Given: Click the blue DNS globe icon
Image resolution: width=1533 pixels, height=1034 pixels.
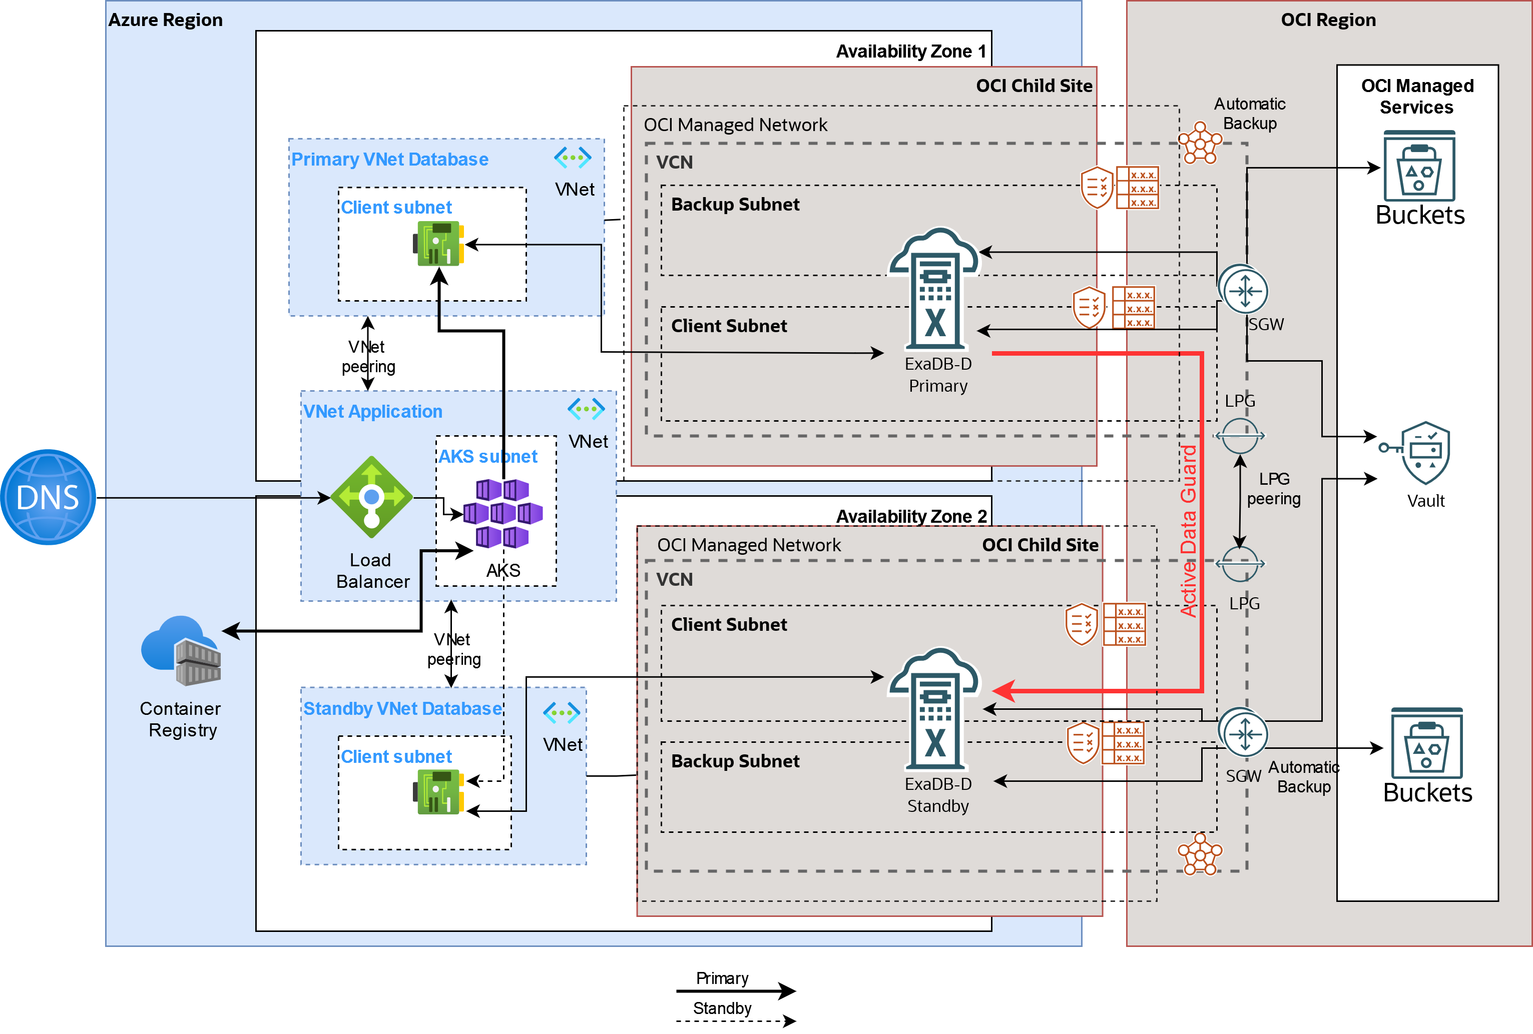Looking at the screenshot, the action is pos(48,497).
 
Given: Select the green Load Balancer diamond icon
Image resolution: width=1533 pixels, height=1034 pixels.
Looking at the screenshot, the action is pos(371,497).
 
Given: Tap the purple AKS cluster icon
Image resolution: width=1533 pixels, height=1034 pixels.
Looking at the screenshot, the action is pos(502,513).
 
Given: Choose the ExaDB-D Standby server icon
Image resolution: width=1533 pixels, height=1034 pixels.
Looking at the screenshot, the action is pos(935,708).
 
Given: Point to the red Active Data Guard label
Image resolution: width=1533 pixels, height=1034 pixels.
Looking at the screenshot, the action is pos(1188,531).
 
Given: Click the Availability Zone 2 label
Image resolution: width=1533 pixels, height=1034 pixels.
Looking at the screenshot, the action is pos(911,516).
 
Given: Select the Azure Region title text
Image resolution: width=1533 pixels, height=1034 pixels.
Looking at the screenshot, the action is pos(166,20).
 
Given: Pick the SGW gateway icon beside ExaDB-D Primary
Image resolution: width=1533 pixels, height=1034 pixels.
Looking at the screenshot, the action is pos(1243,290).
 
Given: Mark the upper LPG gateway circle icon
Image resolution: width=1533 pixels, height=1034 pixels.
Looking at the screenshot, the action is pos(1239,436).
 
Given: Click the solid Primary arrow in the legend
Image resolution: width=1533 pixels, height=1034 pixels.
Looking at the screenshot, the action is pos(736,990).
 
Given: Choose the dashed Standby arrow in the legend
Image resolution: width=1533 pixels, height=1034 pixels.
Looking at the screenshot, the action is pos(736,1021).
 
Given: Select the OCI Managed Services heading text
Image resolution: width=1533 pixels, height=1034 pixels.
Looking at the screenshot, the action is pos(1417,96).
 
